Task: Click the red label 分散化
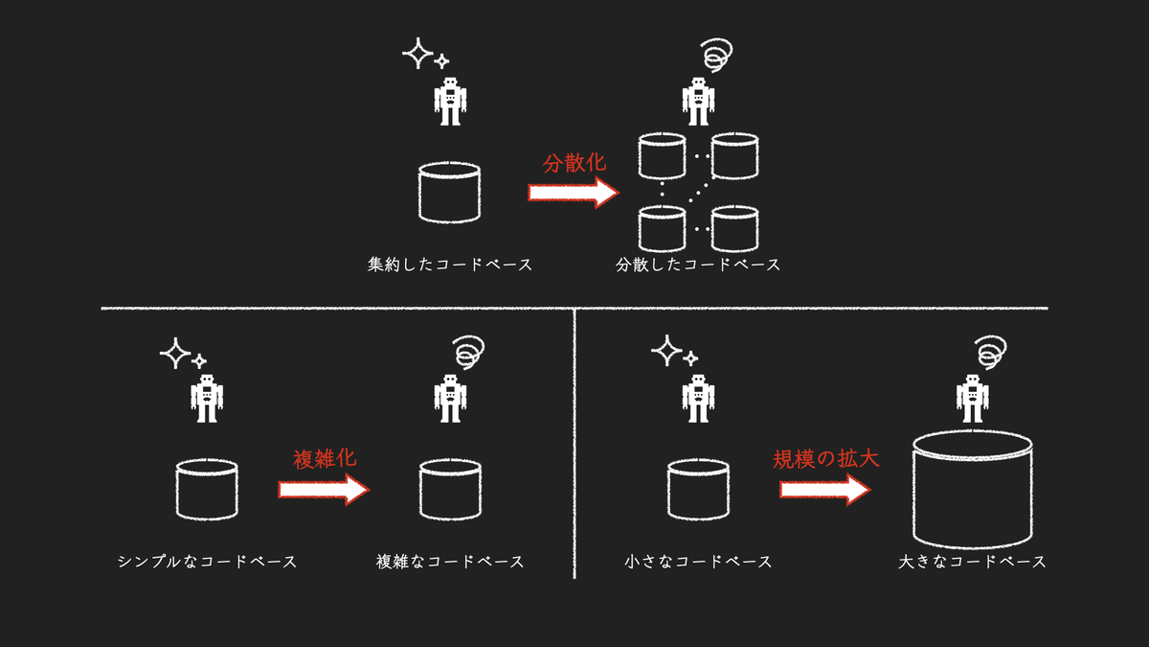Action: [574, 163]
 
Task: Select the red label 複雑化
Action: [325, 458]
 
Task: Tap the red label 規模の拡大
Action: [825, 458]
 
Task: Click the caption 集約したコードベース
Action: [450, 265]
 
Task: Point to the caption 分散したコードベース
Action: [698, 265]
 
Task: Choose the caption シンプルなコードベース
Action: [207, 562]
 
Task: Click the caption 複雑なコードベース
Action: [450, 562]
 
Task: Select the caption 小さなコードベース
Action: [698, 562]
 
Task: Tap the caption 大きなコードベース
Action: [972, 562]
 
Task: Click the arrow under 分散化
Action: [574, 193]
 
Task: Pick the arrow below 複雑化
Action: [324, 490]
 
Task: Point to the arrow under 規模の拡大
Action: [825, 490]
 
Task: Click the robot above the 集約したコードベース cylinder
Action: [450, 102]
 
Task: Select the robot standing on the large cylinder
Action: [972, 399]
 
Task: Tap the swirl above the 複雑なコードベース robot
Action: [468, 353]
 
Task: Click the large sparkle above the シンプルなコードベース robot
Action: [175, 354]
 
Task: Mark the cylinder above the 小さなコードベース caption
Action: [698, 490]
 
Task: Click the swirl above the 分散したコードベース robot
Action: [717, 55]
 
